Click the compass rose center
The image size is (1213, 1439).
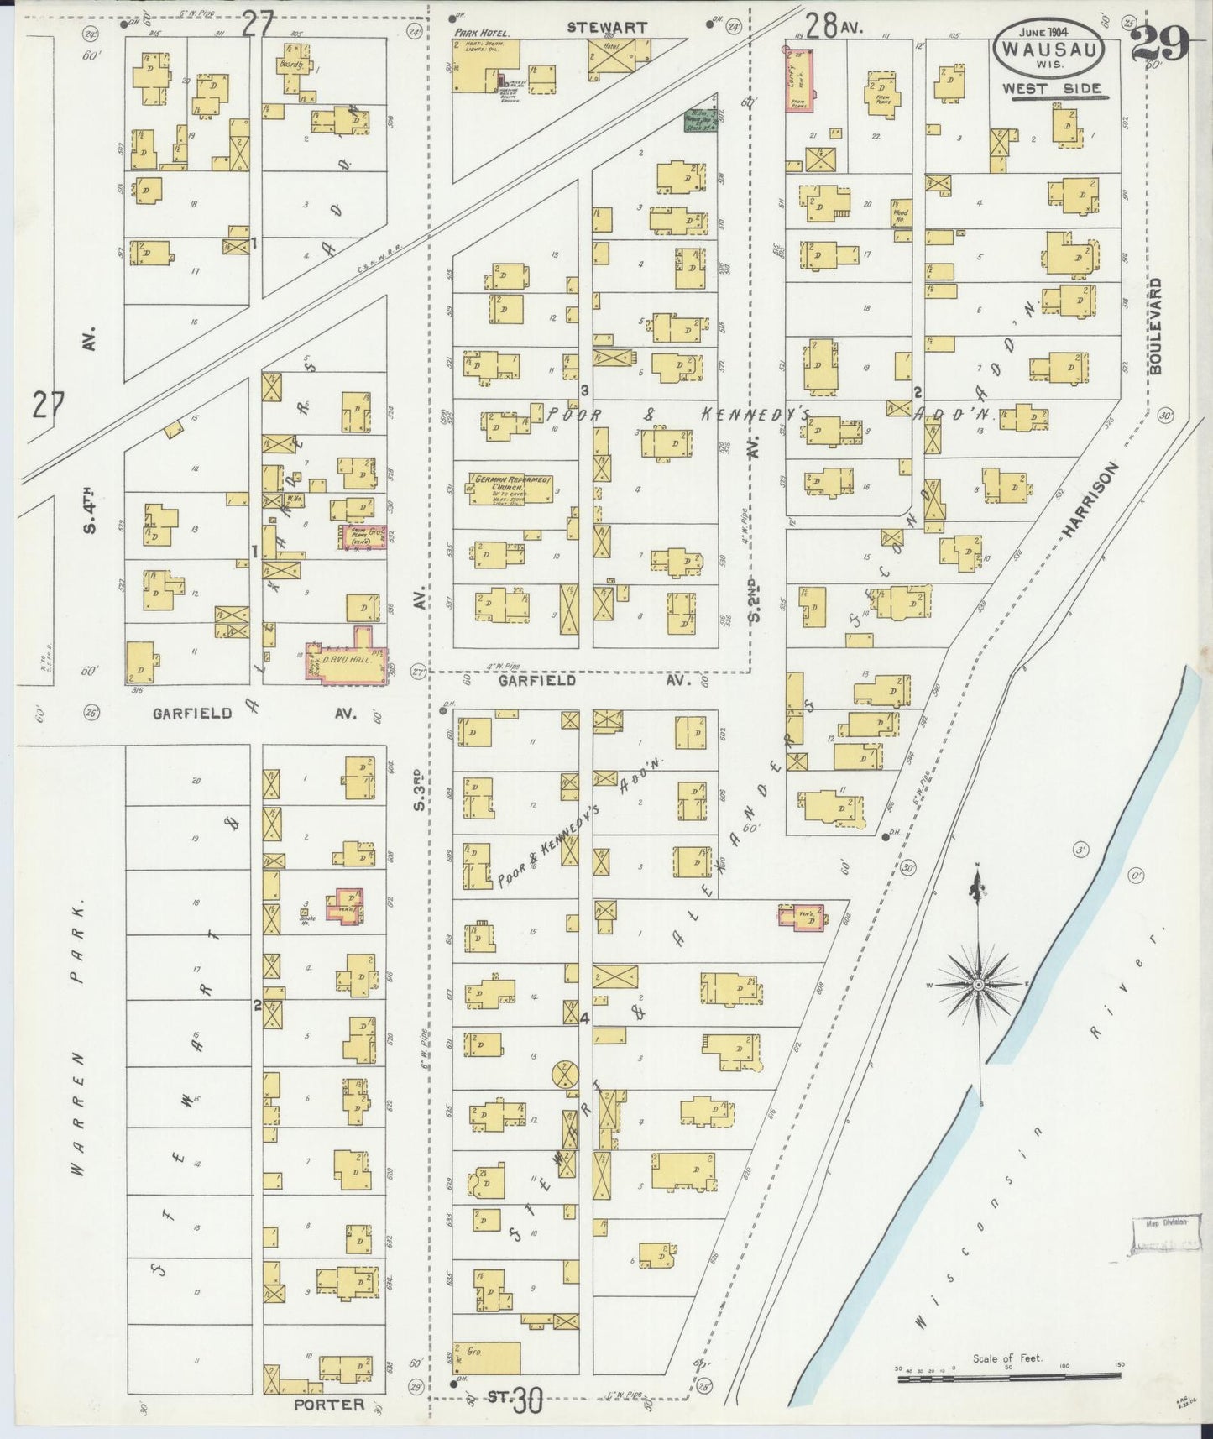pos(978,983)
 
